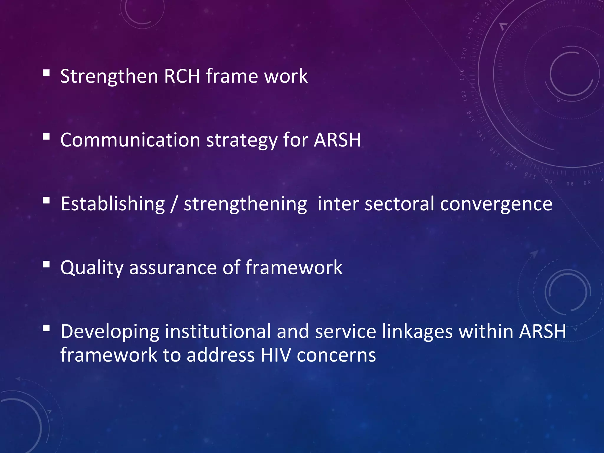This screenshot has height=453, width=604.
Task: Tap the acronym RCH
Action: [182, 76]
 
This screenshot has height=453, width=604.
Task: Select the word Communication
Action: [130, 140]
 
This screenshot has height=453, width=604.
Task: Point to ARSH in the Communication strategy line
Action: [337, 140]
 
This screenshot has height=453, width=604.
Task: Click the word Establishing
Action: [112, 204]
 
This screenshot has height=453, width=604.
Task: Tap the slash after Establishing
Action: [174, 204]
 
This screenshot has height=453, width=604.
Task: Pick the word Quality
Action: [92, 268]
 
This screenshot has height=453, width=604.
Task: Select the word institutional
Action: [218, 331]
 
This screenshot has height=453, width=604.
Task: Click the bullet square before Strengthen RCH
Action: [46, 73]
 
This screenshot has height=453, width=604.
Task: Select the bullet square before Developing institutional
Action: [46, 328]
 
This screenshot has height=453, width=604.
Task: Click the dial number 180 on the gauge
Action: [464, 53]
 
